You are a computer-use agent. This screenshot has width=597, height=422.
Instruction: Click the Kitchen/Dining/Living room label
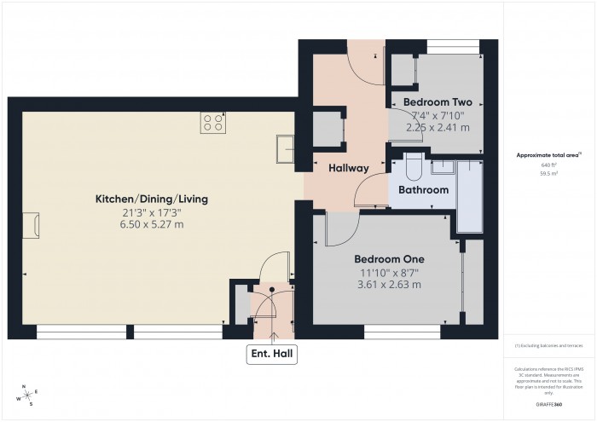152,199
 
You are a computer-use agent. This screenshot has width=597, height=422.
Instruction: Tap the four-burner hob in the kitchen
213,123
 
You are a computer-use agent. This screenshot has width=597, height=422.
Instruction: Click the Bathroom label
423,190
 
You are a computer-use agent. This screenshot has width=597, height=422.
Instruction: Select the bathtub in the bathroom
469,194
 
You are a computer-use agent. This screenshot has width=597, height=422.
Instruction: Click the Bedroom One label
389,259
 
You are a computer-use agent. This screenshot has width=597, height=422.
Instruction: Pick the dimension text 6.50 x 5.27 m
152,224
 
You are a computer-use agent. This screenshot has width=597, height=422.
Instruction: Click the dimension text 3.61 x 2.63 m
389,285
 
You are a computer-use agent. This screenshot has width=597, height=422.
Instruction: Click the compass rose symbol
28,394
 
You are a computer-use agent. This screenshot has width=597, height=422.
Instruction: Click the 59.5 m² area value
548,173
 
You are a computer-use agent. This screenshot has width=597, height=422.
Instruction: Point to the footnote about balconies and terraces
548,345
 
